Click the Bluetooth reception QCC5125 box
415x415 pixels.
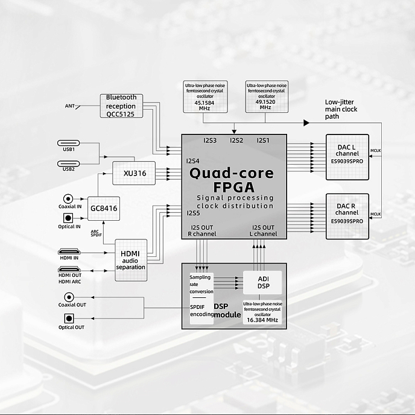click(x=121, y=106)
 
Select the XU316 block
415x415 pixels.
click(x=134, y=173)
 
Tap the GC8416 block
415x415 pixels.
click(x=104, y=208)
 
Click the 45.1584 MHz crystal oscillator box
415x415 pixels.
click(x=205, y=97)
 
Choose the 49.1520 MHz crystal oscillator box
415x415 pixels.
click(x=266, y=97)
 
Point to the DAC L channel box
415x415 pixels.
click(x=347, y=157)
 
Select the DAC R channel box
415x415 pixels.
click(x=347, y=215)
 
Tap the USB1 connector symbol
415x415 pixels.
click(x=68, y=143)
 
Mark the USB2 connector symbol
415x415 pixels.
click(x=68, y=162)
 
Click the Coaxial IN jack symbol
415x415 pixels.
click(x=68, y=198)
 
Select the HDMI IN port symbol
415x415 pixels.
click(x=68, y=253)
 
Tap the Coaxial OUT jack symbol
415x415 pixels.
click(x=69, y=297)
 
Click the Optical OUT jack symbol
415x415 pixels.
click(x=69, y=318)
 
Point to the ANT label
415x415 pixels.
click(x=70, y=106)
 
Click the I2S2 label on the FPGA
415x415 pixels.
click(x=236, y=141)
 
